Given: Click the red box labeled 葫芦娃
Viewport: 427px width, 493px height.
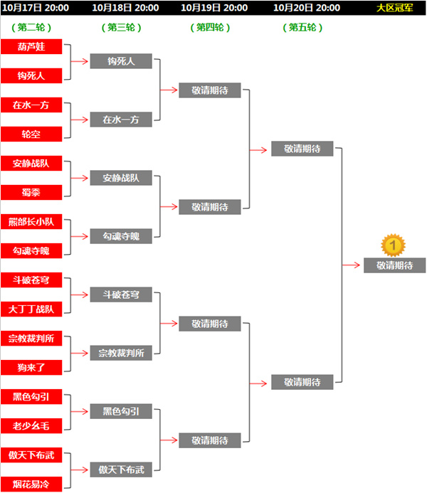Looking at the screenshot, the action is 31,46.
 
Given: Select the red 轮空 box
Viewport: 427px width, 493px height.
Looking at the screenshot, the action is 31,134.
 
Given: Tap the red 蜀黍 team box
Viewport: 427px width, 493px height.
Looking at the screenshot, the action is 31,192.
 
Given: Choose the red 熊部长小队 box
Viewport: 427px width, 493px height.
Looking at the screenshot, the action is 31,221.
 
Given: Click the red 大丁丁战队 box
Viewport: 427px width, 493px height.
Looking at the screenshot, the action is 31,309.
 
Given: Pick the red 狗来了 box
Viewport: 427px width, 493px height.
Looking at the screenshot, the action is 31,367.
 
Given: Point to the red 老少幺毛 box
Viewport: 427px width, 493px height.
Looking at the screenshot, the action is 31,425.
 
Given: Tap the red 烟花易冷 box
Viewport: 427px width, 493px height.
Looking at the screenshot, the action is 31,484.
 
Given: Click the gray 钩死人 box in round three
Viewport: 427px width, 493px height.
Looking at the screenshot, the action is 121,61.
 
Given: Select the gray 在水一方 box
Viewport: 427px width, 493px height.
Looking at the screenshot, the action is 121,120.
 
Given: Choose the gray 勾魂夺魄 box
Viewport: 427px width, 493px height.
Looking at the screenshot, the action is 121,236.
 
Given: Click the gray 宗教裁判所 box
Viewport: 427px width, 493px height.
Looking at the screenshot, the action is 121,353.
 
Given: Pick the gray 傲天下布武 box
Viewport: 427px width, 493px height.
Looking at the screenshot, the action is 121,470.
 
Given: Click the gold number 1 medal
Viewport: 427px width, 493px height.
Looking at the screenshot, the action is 393,245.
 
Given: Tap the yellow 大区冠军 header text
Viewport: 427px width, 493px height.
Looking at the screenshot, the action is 394,8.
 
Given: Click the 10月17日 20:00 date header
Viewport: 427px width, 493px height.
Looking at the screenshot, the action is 36,8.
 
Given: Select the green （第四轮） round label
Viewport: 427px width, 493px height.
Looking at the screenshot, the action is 210,28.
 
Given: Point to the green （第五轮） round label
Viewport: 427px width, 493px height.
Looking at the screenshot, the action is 302,28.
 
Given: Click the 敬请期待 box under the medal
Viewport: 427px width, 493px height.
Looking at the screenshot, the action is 394,265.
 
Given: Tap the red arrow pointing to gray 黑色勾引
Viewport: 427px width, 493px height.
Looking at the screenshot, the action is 79,411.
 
